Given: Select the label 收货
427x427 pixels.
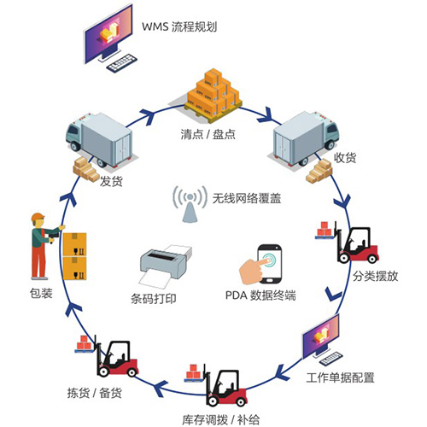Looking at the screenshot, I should point(345,157).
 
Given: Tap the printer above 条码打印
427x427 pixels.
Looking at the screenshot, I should point(164,265).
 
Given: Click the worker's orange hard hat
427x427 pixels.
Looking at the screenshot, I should point(38,216).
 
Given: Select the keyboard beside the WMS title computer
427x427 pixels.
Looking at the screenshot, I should point(125,62).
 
